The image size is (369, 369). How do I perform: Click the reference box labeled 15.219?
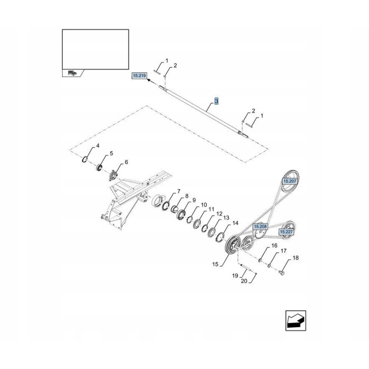coord(139,75)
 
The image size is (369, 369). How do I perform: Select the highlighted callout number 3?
coord(217,101)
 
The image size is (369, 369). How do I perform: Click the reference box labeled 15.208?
coord(260,227)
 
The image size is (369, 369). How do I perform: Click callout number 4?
coord(97,146)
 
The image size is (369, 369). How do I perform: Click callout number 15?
coord(214,264)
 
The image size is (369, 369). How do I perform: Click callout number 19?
coord(235,275)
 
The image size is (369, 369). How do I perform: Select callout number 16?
coord(274,246)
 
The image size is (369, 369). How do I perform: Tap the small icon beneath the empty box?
coord(72,73)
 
